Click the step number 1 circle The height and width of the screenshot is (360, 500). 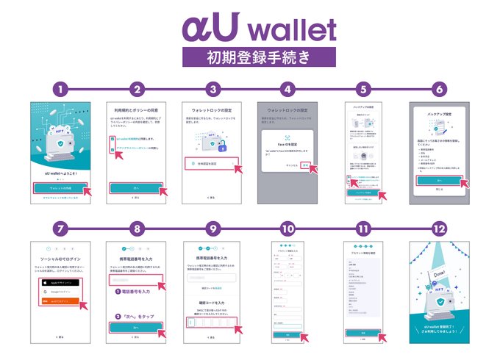pos(62,90)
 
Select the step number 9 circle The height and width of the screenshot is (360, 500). pos(213,229)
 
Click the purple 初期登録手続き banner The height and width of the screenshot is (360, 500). pos(249,57)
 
